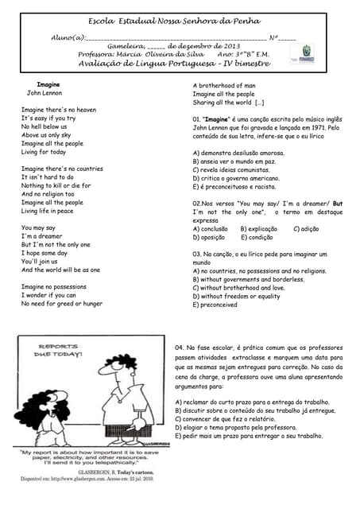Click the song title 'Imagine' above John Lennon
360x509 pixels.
(x=48, y=84)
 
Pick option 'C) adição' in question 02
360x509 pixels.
(x=306, y=228)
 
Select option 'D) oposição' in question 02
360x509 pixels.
(x=209, y=237)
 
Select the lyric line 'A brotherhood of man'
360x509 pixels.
(x=224, y=85)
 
